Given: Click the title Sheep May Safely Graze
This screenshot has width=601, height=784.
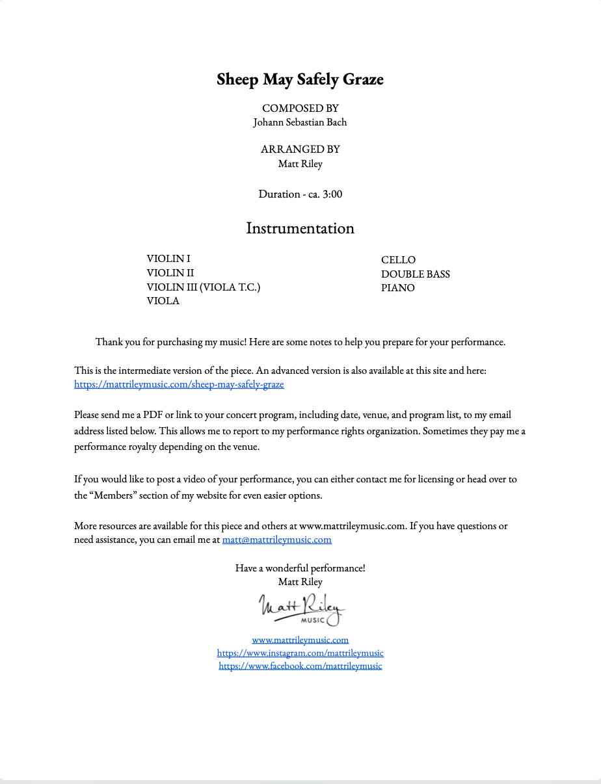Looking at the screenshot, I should coord(300,80).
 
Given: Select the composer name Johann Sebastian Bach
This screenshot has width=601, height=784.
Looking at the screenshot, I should coord(300,122).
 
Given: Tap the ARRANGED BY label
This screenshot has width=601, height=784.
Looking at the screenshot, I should coord(300,150).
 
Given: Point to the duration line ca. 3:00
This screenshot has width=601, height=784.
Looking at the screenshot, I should coord(300,194).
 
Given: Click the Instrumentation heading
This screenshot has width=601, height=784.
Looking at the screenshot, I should coord(300,229).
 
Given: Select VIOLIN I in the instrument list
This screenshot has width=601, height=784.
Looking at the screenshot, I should coord(168,259).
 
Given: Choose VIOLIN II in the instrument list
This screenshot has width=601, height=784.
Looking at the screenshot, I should coord(170,273).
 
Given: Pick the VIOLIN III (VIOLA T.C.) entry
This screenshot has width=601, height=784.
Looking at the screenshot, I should coord(204,287).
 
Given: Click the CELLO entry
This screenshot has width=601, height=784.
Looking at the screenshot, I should coord(398,260).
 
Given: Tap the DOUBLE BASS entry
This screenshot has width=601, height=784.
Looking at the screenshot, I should coord(416,274).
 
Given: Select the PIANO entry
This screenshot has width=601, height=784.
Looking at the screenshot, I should coord(398,288).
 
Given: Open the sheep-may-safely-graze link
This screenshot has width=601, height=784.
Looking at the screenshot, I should coord(179,384).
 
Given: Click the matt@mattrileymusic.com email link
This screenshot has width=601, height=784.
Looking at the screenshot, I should coord(276,540).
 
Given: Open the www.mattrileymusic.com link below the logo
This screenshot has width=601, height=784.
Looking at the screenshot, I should coord(300,640).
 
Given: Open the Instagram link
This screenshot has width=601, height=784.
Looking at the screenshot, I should coord(300,653).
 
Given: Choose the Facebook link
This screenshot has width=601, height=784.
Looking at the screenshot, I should coord(300,666).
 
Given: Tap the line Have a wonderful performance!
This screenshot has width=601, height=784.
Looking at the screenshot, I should coord(300,568).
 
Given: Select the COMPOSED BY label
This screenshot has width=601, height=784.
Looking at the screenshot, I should coord(300,108).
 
